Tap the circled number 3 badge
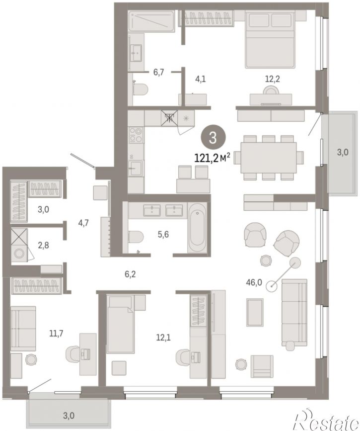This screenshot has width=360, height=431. coord(213,138)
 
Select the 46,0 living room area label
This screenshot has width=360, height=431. coord(254,282)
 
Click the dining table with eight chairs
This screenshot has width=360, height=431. coord(268,158)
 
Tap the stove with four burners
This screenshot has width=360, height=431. coord(136,135)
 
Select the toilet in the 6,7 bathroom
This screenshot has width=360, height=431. coord(140,89)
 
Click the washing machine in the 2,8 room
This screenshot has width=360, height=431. coord(19,254)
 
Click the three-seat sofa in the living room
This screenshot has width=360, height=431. coord(294,314)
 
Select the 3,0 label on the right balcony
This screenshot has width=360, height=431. coord(343,152)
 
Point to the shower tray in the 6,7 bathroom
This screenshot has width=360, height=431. coord(151,20)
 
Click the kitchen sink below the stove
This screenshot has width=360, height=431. coord(135,168)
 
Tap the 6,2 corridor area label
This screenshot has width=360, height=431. coord(130,274)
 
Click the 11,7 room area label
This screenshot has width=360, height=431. coord(56,334)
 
